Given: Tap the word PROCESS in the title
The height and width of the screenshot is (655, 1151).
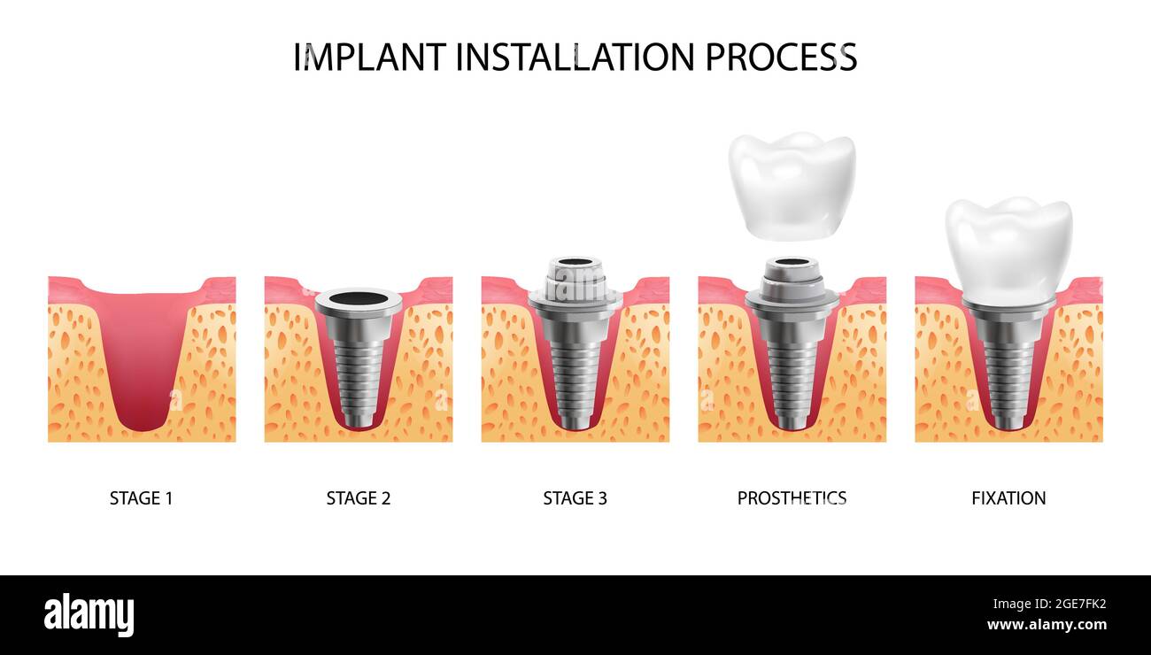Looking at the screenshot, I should point(781,58).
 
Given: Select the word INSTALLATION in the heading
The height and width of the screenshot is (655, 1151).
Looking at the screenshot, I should point(575,58).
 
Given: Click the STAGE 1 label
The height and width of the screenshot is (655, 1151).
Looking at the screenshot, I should point(141,498).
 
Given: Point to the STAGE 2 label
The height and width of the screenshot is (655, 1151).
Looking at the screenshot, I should point(358,498).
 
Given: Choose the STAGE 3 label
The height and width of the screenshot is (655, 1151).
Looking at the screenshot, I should point(575,498).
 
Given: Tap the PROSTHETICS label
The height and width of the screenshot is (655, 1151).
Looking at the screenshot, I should point(792,498).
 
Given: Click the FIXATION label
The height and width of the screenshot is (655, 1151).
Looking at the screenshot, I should point(1008,498).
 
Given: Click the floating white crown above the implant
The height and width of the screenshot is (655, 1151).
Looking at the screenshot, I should point(792,186).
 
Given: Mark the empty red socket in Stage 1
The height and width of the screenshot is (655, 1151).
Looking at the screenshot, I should point(142,354).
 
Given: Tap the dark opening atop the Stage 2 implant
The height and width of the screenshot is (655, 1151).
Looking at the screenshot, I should point(358,298).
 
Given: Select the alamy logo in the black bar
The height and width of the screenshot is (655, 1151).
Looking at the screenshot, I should point(89,615).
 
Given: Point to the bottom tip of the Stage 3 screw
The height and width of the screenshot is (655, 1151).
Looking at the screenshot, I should point(575,426).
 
